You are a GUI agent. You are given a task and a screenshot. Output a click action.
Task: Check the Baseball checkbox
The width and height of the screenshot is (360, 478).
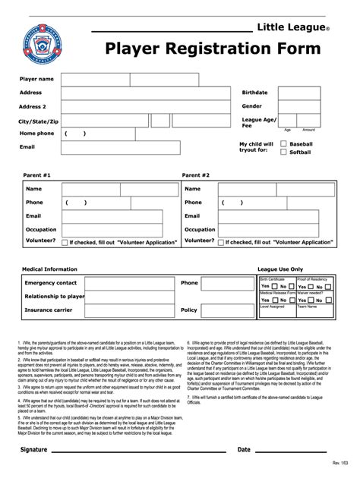point(284,143)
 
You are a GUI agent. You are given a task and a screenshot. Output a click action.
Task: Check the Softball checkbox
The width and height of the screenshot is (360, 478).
point(284,152)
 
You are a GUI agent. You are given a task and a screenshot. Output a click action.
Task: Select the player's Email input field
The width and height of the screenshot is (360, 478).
point(145,147)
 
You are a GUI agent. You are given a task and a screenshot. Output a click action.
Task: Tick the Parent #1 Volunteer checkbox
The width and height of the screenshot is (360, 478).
point(64,242)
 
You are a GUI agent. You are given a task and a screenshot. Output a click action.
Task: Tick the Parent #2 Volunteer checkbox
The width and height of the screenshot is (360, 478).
point(222,242)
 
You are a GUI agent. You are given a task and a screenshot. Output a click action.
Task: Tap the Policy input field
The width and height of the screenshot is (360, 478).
point(228,310)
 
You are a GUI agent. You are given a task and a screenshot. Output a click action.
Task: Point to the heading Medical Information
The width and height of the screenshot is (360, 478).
point(49,269)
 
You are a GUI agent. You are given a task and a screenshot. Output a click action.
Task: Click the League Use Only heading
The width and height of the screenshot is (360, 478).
point(280,269)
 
